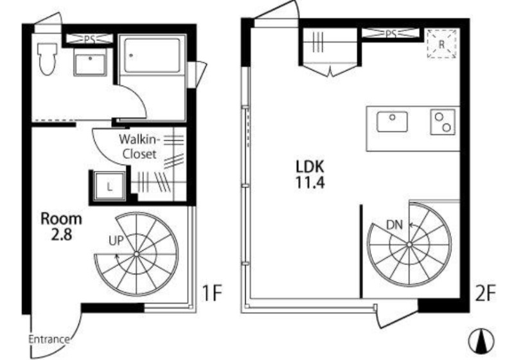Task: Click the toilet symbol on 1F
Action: click(x=47, y=59)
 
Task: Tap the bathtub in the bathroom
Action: click(x=152, y=56)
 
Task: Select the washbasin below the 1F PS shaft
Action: click(x=90, y=64)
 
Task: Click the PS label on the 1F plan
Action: click(x=89, y=39)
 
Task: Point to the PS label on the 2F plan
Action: click(x=390, y=33)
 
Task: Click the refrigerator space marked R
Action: click(x=441, y=44)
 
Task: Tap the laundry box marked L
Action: click(x=109, y=186)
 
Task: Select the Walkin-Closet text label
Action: click(x=139, y=147)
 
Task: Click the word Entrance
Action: click(x=49, y=339)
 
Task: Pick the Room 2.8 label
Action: click(x=61, y=226)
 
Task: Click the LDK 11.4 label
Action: click(x=310, y=175)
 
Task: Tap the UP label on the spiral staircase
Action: click(x=116, y=241)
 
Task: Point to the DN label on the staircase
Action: click(x=394, y=225)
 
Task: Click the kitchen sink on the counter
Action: click(x=392, y=122)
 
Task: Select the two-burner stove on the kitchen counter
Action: click(x=443, y=122)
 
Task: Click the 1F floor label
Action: click(x=212, y=292)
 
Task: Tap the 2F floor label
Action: click(x=485, y=293)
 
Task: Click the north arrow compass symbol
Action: click(x=481, y=341)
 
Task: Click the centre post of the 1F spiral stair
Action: click(x=136, y=254)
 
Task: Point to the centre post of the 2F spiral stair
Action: click(x=409, y=244)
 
